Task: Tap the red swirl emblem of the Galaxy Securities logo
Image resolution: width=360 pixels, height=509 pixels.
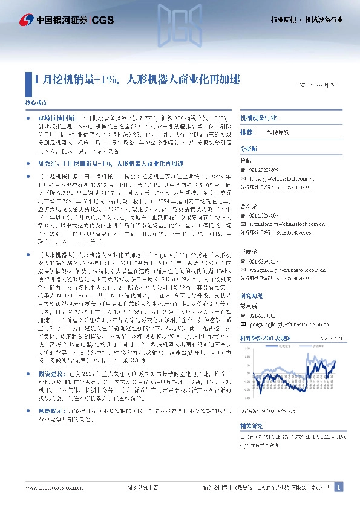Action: [27, 20]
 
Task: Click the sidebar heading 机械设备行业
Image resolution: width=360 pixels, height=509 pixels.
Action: [259, 118]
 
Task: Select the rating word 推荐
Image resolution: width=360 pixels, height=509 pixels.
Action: [246, 132]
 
